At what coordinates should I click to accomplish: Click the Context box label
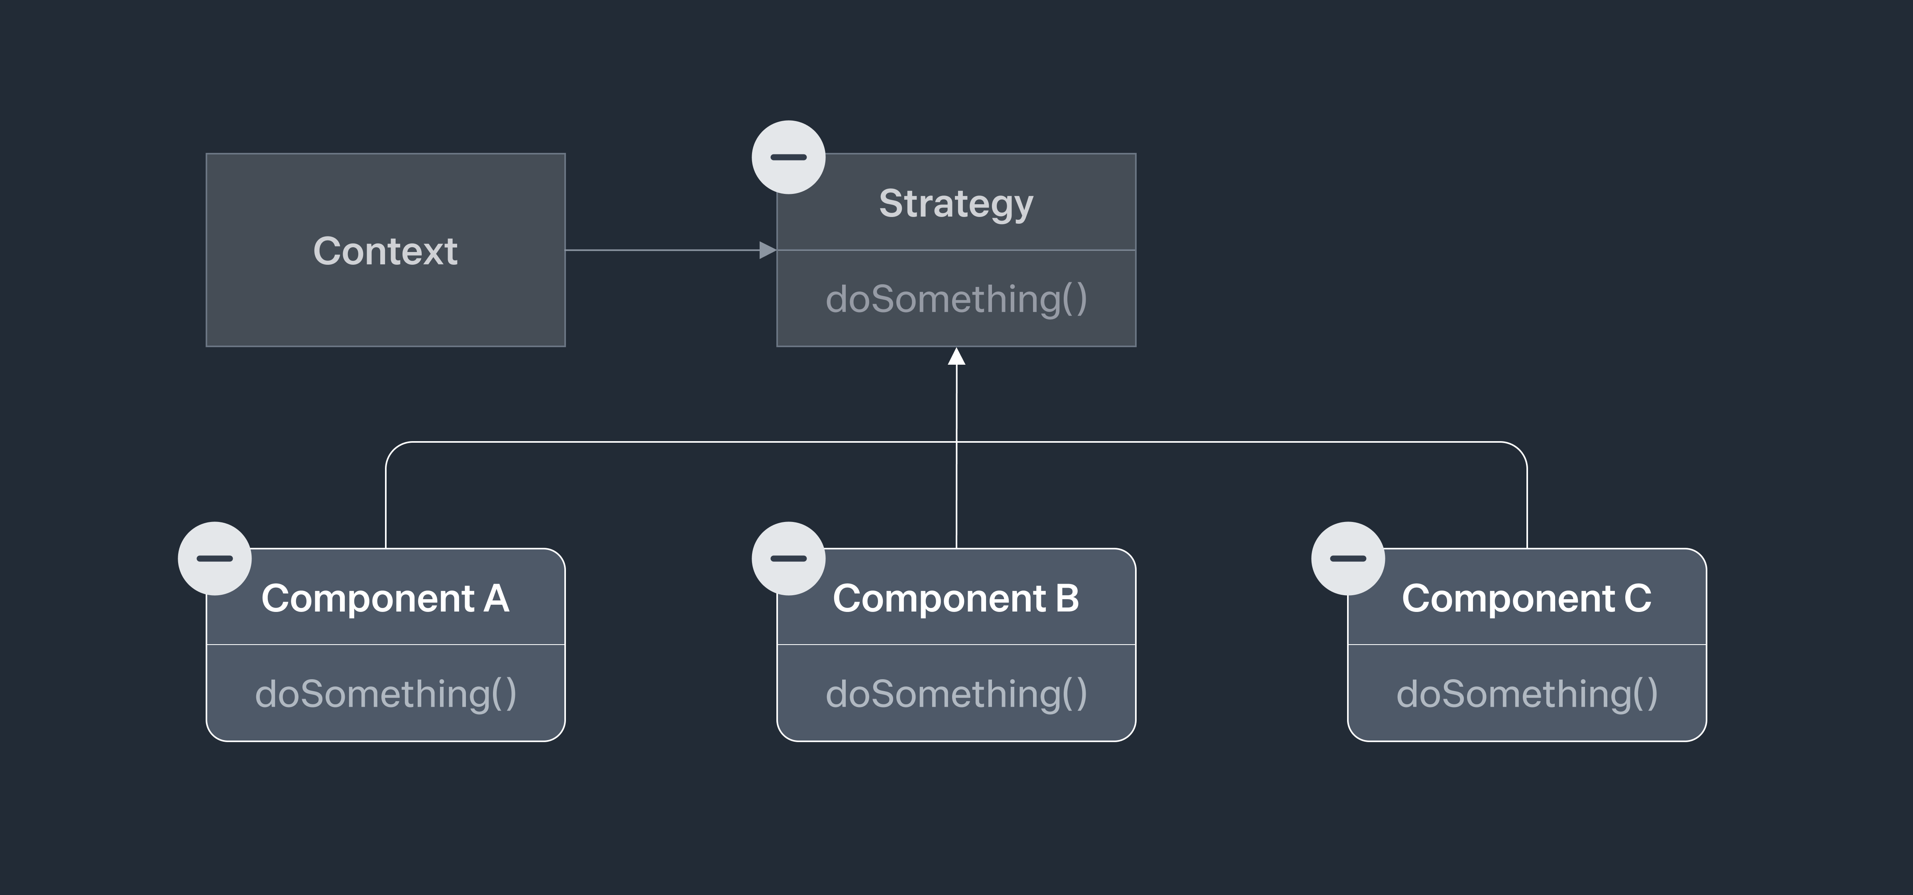(x=385, y=251)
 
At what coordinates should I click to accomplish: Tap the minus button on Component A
(x=215, y=558)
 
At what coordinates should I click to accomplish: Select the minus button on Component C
(x=1348, y=558)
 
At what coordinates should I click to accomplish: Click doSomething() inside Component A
(x=385, y=694)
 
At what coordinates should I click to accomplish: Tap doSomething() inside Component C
(x=1527, y=694)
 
